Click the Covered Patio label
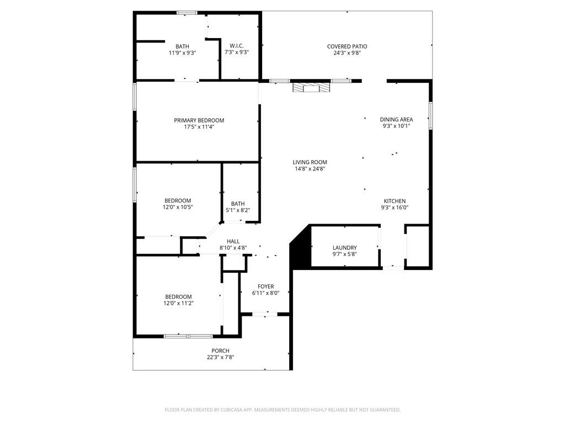[347, 46]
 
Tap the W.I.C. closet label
[237, 46]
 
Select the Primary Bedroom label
[199, 120]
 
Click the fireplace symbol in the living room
[311, 88]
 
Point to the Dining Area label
[396, 119]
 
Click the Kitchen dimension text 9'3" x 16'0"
[395, 208]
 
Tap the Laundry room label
[345, 248]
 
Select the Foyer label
[265, 287]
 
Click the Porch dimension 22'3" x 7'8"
[220, 357]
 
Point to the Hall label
[233, 241]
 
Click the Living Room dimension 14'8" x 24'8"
[310, 169]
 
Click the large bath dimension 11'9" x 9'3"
[182, 53]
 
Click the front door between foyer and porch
[265, 314]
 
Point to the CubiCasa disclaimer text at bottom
[282, 410]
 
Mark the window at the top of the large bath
[187, 13]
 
